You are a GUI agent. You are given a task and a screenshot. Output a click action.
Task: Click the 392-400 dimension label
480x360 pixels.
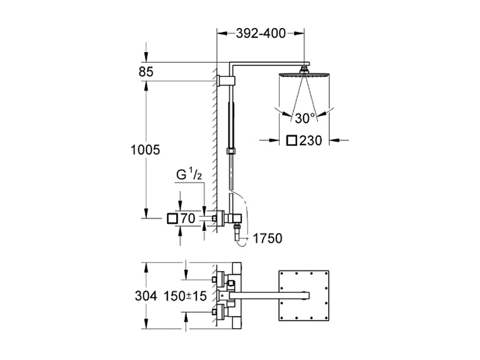260,33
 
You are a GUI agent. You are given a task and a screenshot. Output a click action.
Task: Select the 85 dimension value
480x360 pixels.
145,73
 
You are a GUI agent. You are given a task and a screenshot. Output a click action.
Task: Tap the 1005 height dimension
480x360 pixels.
145,150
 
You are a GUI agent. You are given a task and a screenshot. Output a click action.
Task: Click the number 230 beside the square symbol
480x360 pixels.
311,140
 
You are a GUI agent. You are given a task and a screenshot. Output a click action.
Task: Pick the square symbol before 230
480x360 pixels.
292,140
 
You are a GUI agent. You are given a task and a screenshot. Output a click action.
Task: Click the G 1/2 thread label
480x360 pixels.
189,175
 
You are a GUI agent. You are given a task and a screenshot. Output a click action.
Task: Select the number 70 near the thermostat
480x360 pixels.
187,219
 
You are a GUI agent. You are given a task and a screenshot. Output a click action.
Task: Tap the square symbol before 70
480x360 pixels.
173,219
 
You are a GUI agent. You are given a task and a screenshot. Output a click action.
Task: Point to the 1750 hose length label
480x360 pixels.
267,239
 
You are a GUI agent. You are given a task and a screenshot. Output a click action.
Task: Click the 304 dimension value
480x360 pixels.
146,296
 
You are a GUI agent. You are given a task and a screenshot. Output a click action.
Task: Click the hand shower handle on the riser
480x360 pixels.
231,123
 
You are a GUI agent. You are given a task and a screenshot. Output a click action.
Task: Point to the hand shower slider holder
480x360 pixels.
231,151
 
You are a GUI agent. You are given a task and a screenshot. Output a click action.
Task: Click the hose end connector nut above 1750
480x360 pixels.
236,231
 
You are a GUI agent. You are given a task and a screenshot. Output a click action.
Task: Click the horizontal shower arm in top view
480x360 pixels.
267,293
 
